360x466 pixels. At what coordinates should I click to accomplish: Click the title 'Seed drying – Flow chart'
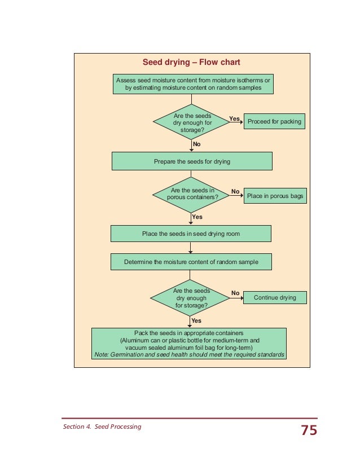(191, 62)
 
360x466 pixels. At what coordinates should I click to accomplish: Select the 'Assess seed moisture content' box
(193, 84)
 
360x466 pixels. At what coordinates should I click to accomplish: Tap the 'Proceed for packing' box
(274, 121)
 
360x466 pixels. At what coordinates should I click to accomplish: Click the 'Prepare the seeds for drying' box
(192, 161)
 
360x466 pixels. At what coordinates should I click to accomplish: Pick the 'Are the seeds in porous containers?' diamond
(192, 195)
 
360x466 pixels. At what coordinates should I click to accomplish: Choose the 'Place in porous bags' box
(275, 196)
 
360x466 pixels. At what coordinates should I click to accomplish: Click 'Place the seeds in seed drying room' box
(191, 234)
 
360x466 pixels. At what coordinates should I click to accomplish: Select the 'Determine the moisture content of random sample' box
(191, 262)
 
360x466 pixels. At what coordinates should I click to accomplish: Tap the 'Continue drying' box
(275, 297)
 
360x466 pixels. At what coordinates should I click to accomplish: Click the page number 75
(309, 431)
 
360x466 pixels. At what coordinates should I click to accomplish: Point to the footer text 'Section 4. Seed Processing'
(102, 427)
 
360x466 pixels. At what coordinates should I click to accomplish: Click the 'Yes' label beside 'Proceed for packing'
(234, 118)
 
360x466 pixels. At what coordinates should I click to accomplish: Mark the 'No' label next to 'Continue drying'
(235, 293)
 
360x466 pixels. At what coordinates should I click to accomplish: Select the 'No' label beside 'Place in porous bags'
(235, 191)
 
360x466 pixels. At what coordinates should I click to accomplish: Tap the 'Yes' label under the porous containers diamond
(197, 217)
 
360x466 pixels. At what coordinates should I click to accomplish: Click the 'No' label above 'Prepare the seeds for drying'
(196, 144)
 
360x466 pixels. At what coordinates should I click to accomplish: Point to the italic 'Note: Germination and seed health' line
(189, 355)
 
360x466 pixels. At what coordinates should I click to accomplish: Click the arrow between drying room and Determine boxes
(191, 248)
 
